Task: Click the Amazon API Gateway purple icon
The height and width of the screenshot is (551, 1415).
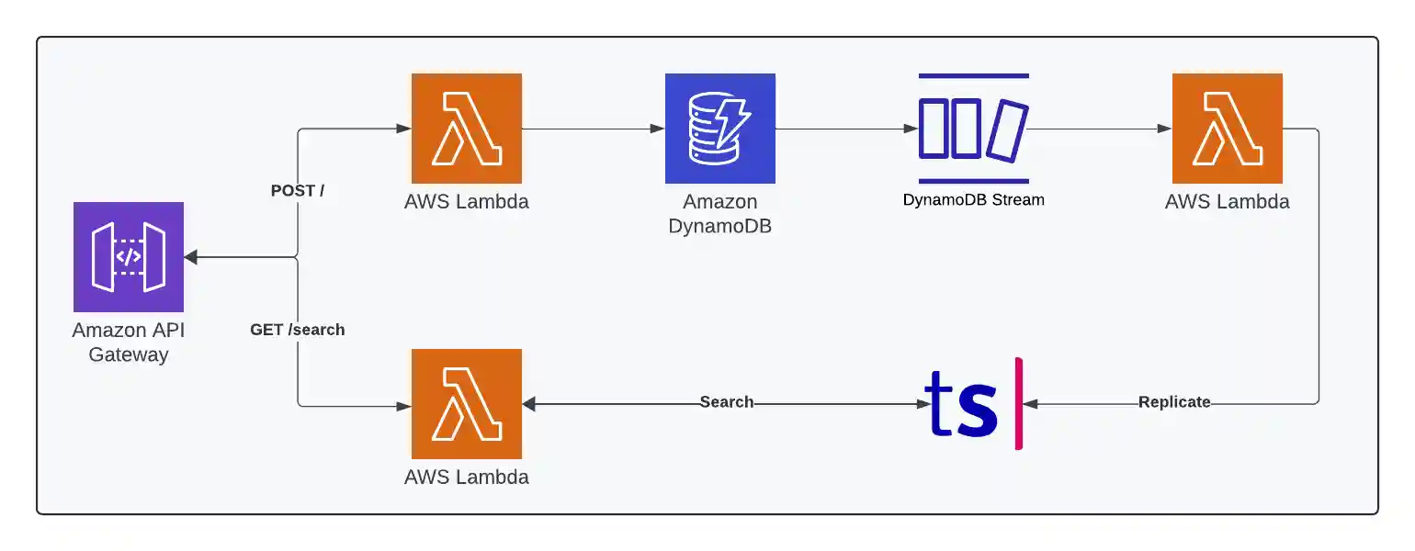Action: [129, 257]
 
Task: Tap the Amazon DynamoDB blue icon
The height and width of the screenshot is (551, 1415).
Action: [720, 129]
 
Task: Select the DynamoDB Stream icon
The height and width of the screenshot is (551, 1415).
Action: [974, 129]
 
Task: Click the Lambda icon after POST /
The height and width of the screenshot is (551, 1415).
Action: [467, 129]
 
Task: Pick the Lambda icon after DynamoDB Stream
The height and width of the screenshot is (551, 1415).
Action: [1228, 129]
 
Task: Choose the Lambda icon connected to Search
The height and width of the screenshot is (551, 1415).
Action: [467, 404]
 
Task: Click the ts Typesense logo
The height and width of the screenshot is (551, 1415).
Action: [961, 404]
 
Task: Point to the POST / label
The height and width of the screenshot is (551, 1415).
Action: [298, 191]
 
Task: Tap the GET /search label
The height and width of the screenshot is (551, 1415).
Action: [298, 329]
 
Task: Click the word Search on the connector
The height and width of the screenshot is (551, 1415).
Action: [726, 402]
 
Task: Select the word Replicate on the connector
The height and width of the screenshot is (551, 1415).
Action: [1174, 402]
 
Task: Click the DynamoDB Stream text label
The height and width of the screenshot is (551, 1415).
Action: [974, 199]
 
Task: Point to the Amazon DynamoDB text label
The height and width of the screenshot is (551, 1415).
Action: [720, 213]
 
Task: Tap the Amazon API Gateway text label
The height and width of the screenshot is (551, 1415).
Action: [129, 342]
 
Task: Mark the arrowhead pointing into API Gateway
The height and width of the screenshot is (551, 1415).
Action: [191, 258]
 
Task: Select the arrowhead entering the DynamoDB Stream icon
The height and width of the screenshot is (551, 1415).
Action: [911, 129]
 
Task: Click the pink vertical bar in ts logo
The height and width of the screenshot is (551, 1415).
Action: [1018, 404]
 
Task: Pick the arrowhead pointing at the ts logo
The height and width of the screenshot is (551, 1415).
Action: [1031, 403]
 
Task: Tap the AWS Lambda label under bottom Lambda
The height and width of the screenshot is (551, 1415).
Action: [467, 477]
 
